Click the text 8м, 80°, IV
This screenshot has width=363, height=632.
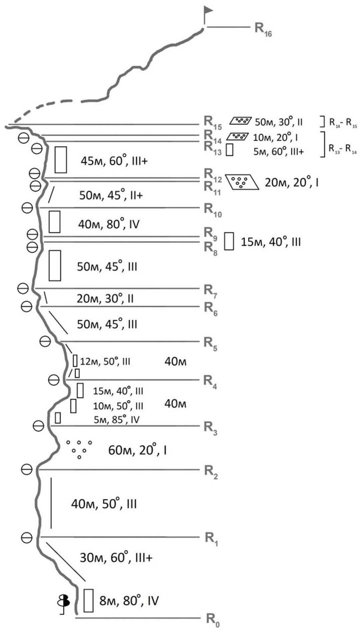(129, 601)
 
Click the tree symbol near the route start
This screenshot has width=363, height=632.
(64, 601)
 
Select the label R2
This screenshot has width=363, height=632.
(211, 471)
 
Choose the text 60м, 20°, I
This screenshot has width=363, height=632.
(137, 450)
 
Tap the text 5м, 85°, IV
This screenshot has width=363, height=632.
(116, 419)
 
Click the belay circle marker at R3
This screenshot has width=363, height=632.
(38, 426)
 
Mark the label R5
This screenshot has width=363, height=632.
(210, 343)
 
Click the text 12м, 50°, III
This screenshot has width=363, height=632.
(105, 361)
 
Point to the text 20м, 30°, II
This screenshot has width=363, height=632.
(105, 298)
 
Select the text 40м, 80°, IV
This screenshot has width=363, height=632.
(109, 224)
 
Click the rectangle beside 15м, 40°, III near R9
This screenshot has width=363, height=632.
(229, 241)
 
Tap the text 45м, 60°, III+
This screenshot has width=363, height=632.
(114, 161)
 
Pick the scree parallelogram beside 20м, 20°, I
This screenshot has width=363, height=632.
(242, 182)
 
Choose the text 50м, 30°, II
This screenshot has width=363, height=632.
(279, 122)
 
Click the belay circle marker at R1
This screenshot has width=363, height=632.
(27, 537)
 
